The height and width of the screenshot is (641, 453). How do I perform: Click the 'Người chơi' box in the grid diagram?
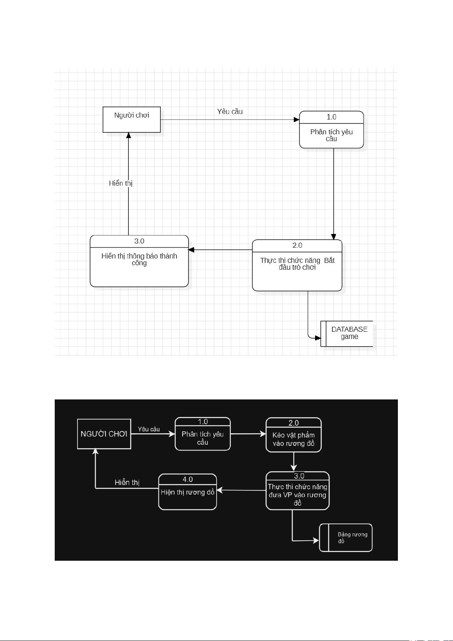[x=131, y=119]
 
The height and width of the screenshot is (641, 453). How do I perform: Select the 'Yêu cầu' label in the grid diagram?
[x=230, y=111]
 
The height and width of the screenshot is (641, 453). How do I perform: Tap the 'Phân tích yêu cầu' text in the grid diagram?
[x=331, y=135]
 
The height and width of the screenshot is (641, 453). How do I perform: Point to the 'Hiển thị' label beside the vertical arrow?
[x=120, y=183]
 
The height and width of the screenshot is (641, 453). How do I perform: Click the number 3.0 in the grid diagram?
[x=139, y=241]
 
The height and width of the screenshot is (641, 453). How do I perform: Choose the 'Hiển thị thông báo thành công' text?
[x=139, y=259]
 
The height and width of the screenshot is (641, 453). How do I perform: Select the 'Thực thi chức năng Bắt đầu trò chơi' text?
[x=297, y=264]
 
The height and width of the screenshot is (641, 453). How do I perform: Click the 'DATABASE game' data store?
[x=347, y=334]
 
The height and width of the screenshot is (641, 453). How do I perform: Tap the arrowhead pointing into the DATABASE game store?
[x=318, y=338]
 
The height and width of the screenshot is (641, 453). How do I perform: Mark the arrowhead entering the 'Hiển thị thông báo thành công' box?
[x=191, y=250]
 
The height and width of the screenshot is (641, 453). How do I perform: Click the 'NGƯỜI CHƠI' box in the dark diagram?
[x=104, y=434]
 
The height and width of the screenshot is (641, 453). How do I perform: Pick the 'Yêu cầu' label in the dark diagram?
[x=149, y=429]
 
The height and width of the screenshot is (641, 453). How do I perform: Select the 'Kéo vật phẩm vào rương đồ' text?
[x=293, y=439]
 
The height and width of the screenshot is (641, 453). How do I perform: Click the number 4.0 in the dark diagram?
[x=187, y=479]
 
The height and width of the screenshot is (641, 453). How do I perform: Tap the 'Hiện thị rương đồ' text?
[x=187, y=492]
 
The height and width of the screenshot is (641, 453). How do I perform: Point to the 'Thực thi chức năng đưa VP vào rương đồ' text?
[x=298, y=495]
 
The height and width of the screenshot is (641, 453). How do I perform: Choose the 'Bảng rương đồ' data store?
[x=345, y=538]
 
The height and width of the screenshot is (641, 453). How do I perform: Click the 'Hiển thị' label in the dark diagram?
[x=127, y=482]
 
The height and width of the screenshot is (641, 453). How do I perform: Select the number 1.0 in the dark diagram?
[x=203, y=422]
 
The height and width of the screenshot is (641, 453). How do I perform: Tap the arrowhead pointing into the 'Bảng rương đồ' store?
[x=316, y=540]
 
